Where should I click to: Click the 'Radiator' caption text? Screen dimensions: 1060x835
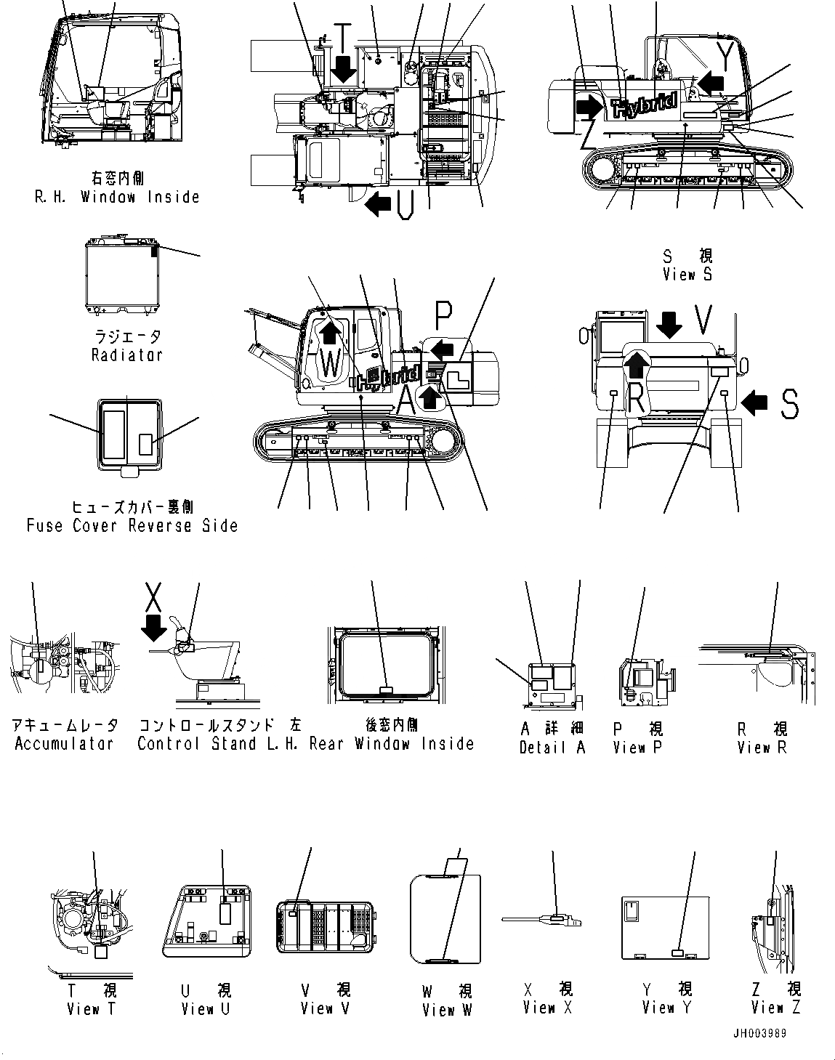click(126, 355)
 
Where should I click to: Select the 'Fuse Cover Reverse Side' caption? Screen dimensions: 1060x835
click(132, 525)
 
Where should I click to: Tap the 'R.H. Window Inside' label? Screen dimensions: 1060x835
click(117, 197)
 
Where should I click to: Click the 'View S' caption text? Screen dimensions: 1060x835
click(687, 275)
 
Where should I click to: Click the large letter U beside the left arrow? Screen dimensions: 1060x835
click(406, 206)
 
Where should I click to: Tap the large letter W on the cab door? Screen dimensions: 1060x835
click(330, 363)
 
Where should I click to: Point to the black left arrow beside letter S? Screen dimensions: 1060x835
click(757, 402)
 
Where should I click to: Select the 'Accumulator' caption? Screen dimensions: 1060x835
click(64, 743)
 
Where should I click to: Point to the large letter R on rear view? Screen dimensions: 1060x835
click(635, 397)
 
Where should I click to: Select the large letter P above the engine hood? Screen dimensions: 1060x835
click(444, 315)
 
